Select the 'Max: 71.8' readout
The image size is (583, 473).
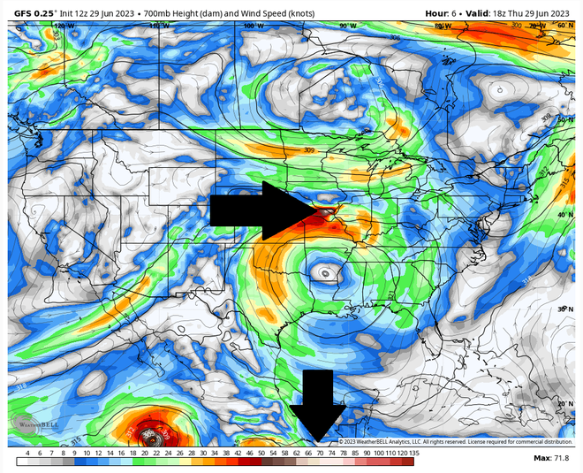[x=552, y=458]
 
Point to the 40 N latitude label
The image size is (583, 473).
[x=564, y=215]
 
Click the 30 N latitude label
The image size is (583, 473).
[x=564, y=309]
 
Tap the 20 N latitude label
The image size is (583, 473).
[x=564, y=403]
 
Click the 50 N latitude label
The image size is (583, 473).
[x=564, y=120]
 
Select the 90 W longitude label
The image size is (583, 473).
[x=347, y=27]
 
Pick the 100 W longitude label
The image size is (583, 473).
[x=254, y=27]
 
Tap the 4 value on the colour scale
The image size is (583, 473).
[x=27, y=453]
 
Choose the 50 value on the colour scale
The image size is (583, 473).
[x=261, y=453]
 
